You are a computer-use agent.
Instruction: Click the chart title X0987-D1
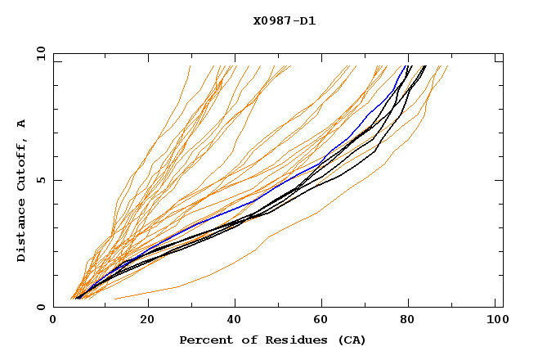pyautogui.click(x=284, y=21)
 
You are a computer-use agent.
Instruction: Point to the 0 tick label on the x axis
pyautogui.click(x=53, y=322)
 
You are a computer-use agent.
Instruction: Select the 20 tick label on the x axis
pyautogui.click(x=147, y=322)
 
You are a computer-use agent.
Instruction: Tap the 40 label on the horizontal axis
pyautogui.click(x=236, y=322)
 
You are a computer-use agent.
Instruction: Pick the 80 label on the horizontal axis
pyautogui.click(x=414, y=322)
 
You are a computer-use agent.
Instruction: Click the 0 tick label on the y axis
pyautogui.click(x=39, y=308)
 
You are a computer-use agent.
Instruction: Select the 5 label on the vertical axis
pyautogui.click(x=39, y=180)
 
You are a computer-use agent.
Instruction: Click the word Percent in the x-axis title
pyautogui.click(x=204, y=340)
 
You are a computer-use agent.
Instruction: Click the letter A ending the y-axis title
pyautogui.click(x=22, y=123)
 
